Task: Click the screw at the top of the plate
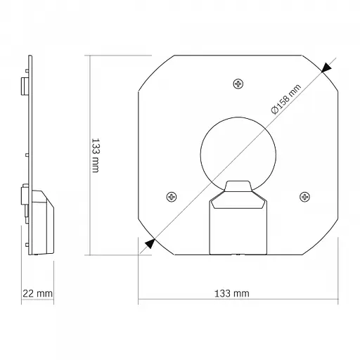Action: (x=238, y=84)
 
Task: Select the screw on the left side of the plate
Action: (x=170, y=197)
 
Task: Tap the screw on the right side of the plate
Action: (x=304, y=196)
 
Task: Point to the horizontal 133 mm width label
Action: (x=231, y=293)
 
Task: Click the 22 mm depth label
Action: (x=37, y=293)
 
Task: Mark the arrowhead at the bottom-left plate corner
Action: (x=148, y=243)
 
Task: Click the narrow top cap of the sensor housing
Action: (x=238, y=186)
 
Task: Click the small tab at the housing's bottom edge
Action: (x=238, y=253)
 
